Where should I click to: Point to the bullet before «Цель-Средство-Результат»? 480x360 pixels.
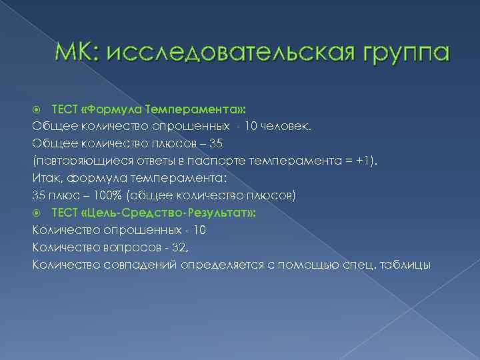[38, 213]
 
